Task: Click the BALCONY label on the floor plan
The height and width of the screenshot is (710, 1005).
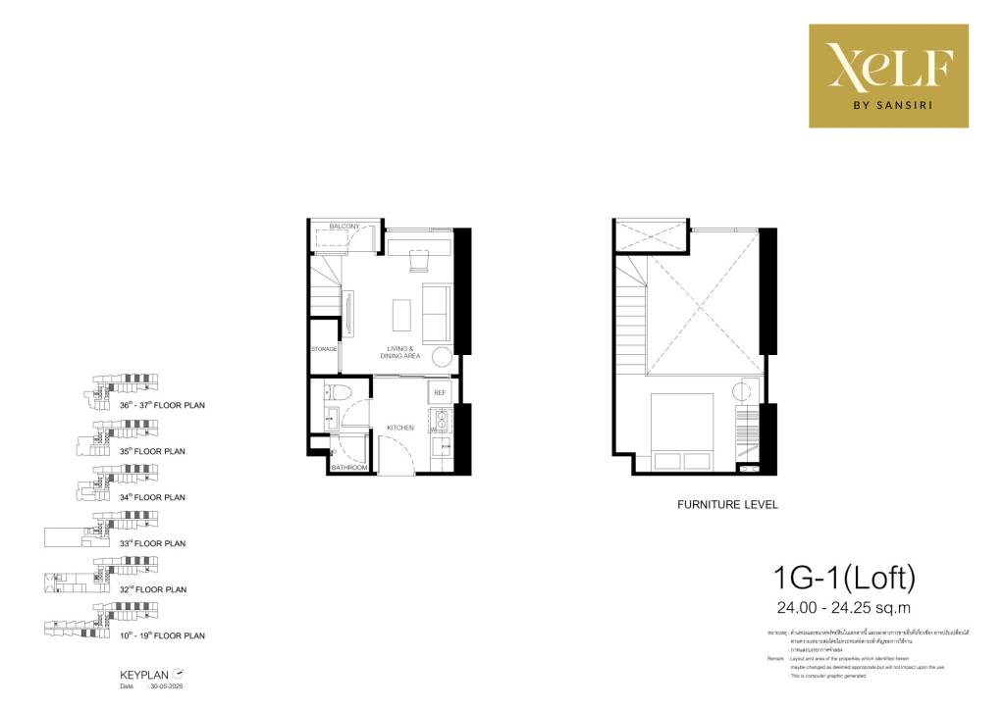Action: [x=344, y=227]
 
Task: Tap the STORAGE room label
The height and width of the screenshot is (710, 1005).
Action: [x=325, y=349]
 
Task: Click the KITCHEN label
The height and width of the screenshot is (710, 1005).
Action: [x=400, y=428]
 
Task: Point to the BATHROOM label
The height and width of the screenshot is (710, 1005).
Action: [x=348, y=468]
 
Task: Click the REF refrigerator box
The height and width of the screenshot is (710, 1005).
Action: [x=440, y=392]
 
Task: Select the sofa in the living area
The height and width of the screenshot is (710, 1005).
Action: [x=435, y=313]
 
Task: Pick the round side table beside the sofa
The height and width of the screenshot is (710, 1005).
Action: [x=442, y=358]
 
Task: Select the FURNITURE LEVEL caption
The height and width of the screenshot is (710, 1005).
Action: [x=727, y=505]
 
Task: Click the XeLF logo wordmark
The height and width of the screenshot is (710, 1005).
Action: [x=887, y=66]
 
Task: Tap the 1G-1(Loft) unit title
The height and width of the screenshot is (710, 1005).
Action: [x=844, y=578]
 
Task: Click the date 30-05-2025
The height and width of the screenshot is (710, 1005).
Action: [x=167, y=686]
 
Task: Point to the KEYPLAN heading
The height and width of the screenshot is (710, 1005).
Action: [x=140, y=676]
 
